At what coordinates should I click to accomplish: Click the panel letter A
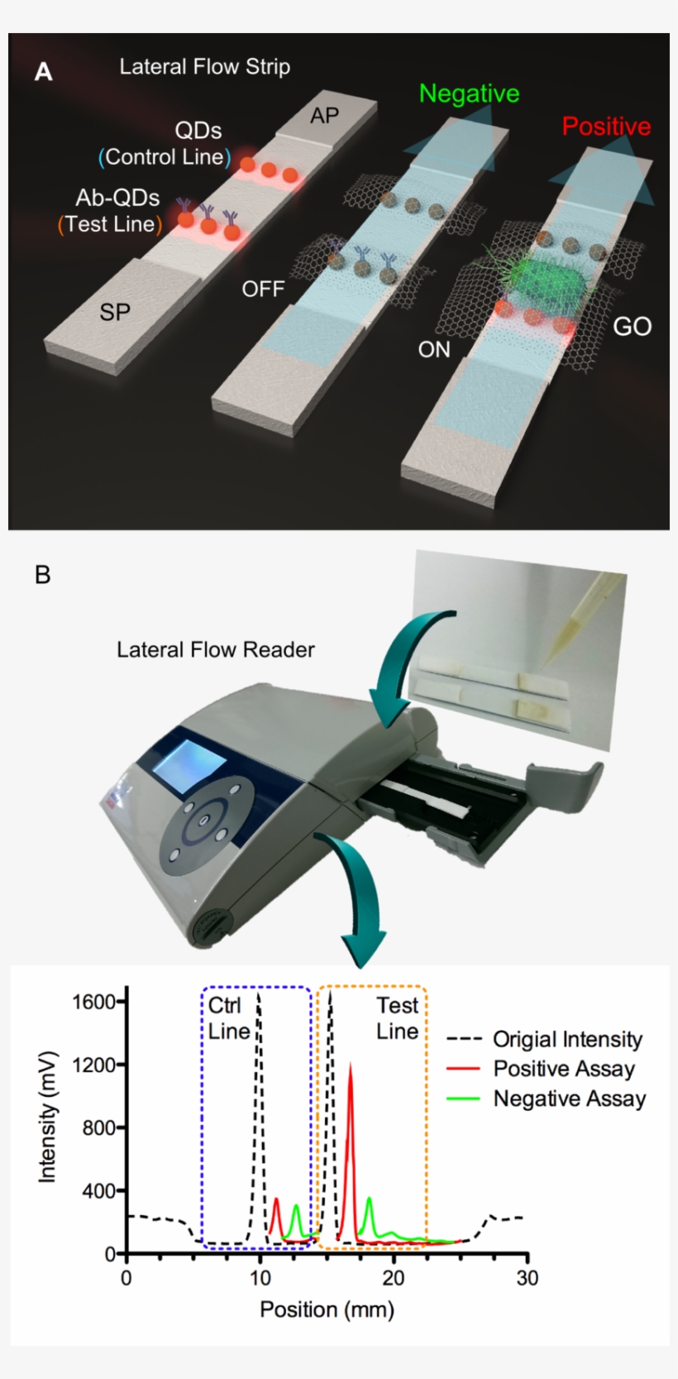[x=43, y=73]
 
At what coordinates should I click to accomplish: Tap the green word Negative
[x=469, y=93]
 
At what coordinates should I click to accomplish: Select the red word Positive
[x=606, y=127]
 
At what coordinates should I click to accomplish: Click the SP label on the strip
[x=114, y=312]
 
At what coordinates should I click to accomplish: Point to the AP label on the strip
[x=324, y=116]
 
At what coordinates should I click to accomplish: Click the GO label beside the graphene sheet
[x=632, y=327]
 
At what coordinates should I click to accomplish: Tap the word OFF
[x=263, y=289]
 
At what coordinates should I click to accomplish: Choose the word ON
[x=433, y=350]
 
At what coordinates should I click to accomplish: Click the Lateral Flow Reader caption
[x=215, y=650]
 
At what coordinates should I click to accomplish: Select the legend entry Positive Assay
[x=564, y=1069]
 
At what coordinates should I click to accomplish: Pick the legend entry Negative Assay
[x=569, y=1099]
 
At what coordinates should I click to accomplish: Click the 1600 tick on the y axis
[x=93, y=1002]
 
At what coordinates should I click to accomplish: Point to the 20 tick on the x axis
[x=394, y=1278]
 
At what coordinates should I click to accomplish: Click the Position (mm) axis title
[x=327, y=1310]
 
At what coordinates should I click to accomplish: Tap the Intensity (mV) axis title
[x=48, y=1117]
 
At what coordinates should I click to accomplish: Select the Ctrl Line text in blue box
[x=229, y=1018]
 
